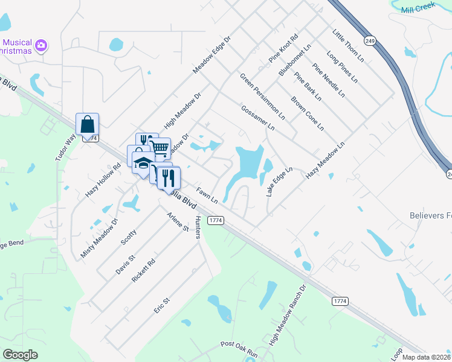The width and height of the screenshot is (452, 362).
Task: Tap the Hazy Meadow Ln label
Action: [324, 160]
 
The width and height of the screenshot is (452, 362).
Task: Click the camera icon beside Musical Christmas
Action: [42, 45]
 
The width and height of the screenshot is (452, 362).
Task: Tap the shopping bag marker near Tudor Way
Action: [87, 125]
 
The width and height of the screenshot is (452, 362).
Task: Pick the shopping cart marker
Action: [160, 147]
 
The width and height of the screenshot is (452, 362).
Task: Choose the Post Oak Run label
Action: [239, 344]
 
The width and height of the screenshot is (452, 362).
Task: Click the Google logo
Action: [20, 354]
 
